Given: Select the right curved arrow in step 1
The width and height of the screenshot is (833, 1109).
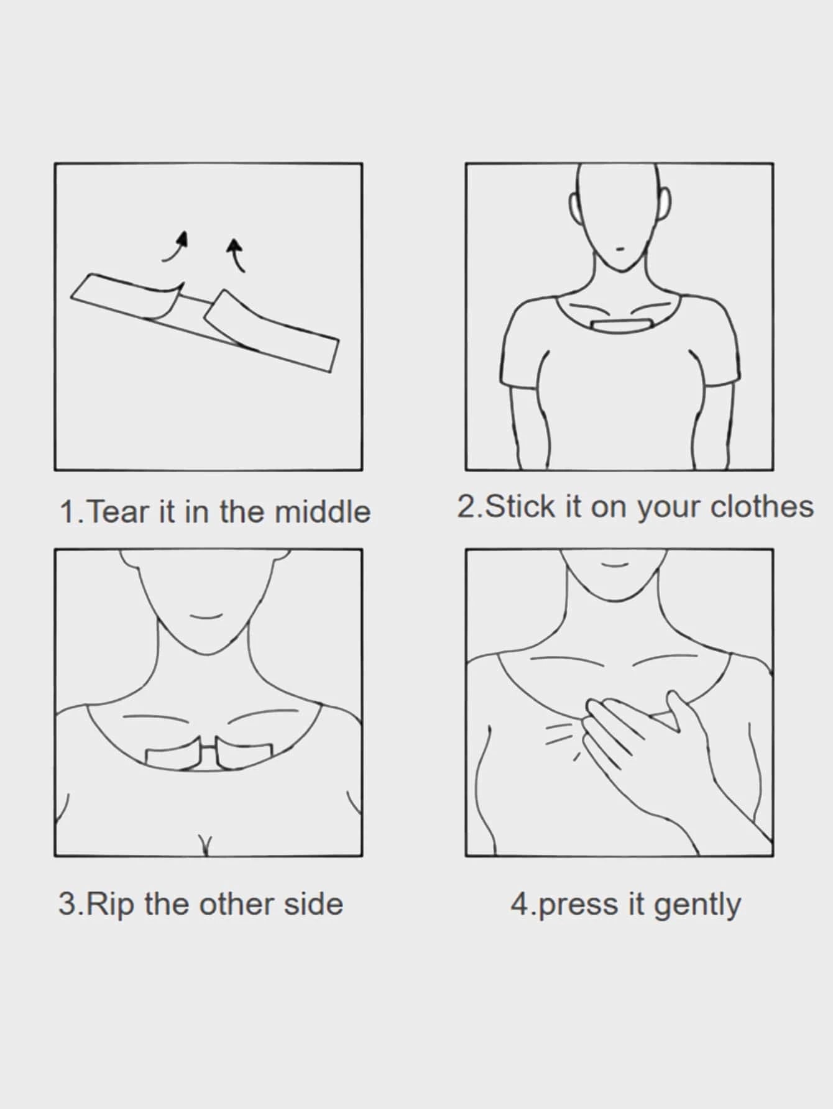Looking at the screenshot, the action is coord(236,255).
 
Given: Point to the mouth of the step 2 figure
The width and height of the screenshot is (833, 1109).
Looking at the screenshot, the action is coord(620,248).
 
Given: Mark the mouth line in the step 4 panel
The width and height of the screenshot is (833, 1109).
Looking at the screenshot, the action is coord(615,565).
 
